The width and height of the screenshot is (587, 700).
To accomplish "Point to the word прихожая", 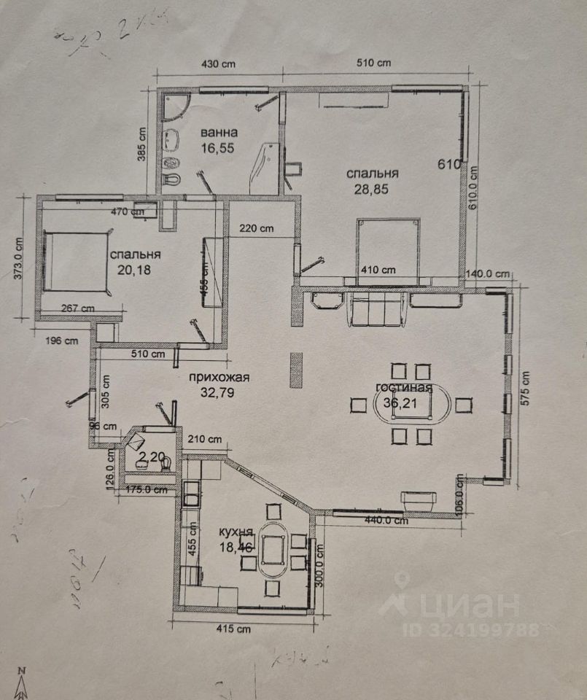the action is coord(219,377).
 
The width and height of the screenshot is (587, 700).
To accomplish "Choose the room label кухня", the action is coord(236,532).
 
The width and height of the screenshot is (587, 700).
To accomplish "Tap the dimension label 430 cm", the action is coord(217,63).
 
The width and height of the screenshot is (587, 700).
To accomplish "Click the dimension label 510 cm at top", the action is coord(374,63).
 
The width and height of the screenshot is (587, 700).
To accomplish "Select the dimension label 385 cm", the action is coord(143,144).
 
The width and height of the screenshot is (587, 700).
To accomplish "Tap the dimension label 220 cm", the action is coord(256,228).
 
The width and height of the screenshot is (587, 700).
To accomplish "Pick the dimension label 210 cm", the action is coord(204,440).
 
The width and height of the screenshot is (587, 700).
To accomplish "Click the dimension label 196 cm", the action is coord(61,340).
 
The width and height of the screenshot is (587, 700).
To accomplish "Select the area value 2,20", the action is coord(152,456).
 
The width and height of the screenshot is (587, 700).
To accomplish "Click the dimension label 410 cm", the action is coord(378,270).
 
